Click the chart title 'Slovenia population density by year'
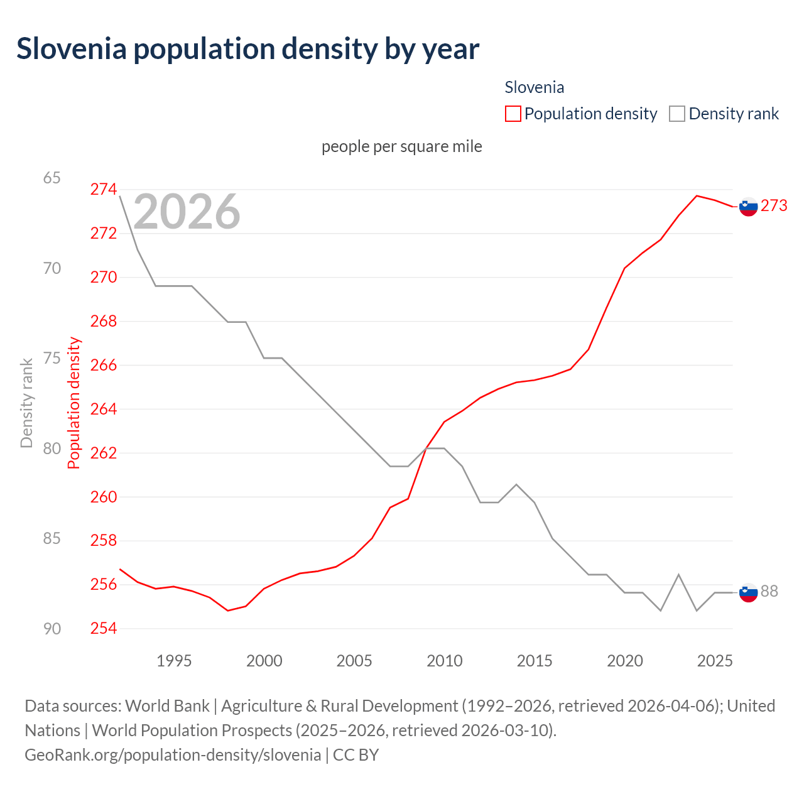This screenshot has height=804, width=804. pos(247,49)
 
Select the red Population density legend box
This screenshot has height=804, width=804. pos(513,114)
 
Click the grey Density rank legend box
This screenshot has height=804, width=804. pos(676,114)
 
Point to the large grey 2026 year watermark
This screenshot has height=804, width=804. pos(187,212)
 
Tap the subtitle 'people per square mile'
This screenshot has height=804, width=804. pos(401,146)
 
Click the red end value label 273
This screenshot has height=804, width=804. pos(774,206)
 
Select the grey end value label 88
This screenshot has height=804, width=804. pos(769,592)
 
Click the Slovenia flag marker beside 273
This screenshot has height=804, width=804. pos(748,206)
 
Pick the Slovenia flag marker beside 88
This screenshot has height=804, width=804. pos(748,592)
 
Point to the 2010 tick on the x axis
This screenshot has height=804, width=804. pos(445,661)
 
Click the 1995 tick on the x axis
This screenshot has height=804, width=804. pos(174,661)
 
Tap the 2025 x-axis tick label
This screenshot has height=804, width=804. pos(715,661)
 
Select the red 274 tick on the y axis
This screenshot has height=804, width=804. pos(104,189)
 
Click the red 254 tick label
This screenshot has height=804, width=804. pos(104,629)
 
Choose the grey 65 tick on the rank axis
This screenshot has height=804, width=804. pos(52,178)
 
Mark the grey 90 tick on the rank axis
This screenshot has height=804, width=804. pos(52,629)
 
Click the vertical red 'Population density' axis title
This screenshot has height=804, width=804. pos(74,403)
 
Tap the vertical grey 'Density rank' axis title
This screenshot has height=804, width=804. pos(26,403)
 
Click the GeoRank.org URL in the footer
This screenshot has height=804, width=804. pos(173,754)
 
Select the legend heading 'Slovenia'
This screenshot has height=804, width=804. pos(534,87)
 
